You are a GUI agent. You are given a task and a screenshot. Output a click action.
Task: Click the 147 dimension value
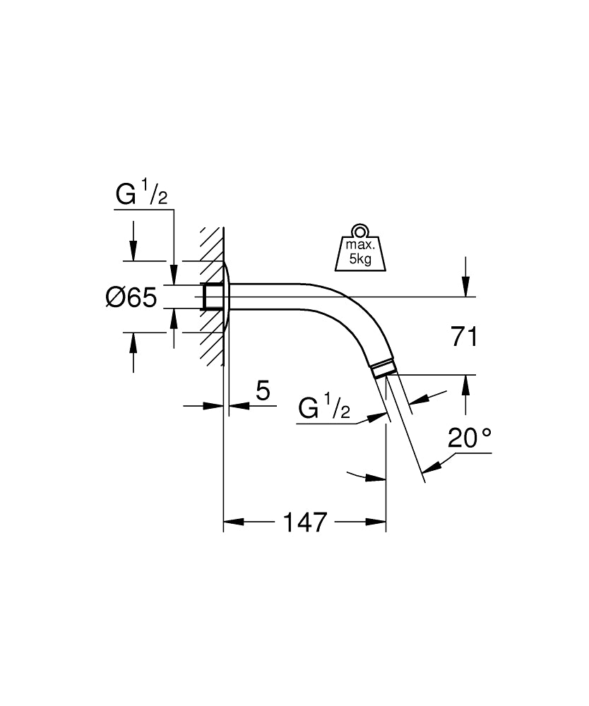(x=305, y=522)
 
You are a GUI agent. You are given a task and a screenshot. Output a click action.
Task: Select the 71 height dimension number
(x=464, y=337)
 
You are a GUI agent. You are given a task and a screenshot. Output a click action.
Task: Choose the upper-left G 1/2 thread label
(x=141, y=196)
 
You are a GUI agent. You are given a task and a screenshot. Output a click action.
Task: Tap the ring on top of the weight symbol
(x=360, y=231)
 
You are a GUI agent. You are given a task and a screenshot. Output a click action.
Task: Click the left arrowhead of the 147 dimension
(x=233, y=522)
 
